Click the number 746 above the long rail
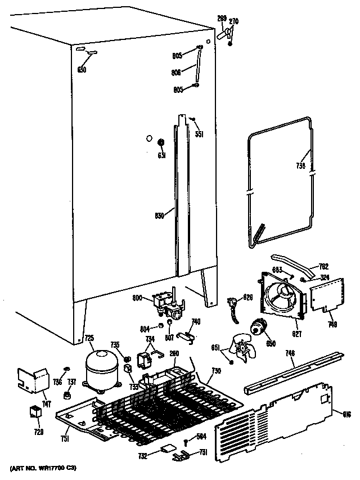pyautogui.click(x=290, y=353)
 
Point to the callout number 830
pyautogui.click(x=160, y=215)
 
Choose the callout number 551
pyautogui.click(x=199, y=134)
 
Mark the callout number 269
pyautogui.click(x=222, y=19)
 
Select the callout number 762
pyautogui.click(x=323, y=267)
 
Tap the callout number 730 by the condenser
pyautogui.click(x=216, y=371)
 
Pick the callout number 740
pyautogui.click(x=195, y=322)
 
